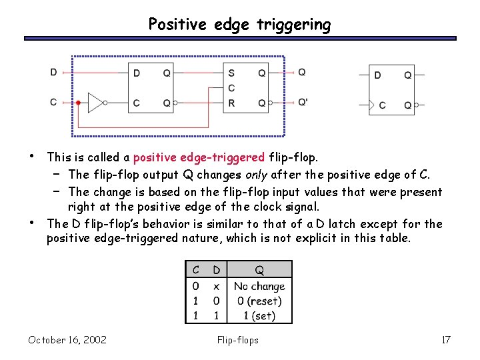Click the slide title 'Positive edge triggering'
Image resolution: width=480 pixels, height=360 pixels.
tap(239, 25)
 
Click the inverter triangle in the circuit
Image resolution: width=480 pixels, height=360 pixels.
tap(96, 103)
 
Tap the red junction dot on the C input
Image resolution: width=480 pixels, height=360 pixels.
tap(78, 103)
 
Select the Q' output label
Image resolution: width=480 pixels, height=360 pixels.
tap(303, 103)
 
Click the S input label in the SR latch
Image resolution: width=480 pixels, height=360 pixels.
tap(231, 73)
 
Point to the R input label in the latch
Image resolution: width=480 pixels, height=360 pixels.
tap(231, 103)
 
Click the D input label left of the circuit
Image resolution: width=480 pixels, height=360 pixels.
tap(53, 72)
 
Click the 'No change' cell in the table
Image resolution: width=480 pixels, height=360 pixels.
tap(259, 286)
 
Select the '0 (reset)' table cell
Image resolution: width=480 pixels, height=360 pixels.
tap(259, 301)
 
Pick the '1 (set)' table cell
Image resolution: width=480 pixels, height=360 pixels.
tap(259, 315)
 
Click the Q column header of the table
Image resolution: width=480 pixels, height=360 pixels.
tap(259, 270)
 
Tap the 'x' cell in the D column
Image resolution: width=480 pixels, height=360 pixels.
tap(216, 286)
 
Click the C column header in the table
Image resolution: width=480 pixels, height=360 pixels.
tap(196, 270)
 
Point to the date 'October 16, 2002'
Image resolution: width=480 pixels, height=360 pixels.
tap(67, 340)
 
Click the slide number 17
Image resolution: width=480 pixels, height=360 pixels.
tap(446, 340)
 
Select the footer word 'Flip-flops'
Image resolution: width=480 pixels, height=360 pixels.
tap(238, 340)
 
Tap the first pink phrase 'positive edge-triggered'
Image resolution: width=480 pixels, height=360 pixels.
tap(199, 158)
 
